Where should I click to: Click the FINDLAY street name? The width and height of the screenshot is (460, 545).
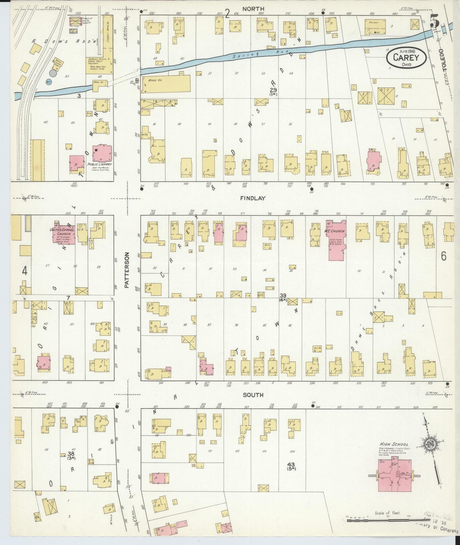coord(257,198)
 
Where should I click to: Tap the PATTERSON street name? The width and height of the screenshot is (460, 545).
coord(127,271)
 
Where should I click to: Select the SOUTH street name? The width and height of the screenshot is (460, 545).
coord(253,395)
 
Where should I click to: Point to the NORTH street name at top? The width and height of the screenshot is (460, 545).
coord(253,9)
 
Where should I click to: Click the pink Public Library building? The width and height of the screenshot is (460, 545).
coord(102,154)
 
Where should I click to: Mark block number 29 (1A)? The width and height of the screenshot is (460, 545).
coord(273,91)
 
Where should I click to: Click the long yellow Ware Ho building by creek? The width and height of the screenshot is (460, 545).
coord(166,84)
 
